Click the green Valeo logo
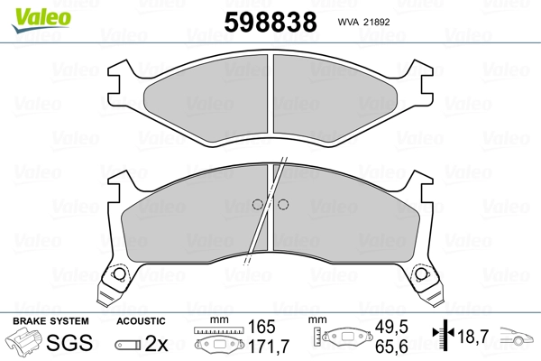pyautogui.click(x=41, y=20)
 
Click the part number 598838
pyautogui.click(x=270, y=22)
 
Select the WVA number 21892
pyautogui.click(x=373, y=22)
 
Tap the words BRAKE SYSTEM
pyautogui.click(x=50, y=321)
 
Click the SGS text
pyautogui.click(x=69, y=343)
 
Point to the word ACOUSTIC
pyautogui.click(x=141, y=321)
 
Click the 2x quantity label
pyautogui.click(x=156, y=343)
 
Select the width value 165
pyautogui.click(x=261, y=327)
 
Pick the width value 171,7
pyautogui.click(x=269, y=347)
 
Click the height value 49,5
pyautogui.click(x=391, y=327)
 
